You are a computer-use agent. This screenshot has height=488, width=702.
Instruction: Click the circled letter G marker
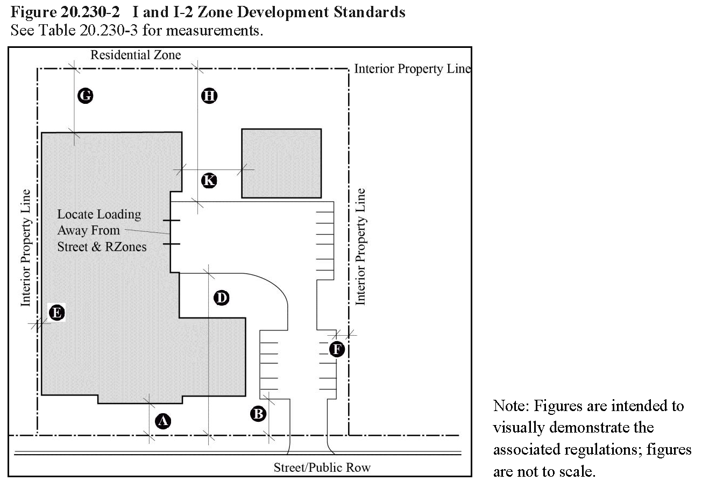[x=85, y=96]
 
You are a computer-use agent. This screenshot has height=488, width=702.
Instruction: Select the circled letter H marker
[x=209, y=96]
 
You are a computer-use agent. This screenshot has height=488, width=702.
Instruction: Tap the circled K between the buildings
[x=209, y=181]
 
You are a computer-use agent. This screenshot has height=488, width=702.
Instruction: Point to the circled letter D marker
[x=221, y=298]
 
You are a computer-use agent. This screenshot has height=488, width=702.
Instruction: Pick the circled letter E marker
[x=56, y=313]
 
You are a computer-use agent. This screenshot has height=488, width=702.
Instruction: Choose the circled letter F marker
[x=337, y=349]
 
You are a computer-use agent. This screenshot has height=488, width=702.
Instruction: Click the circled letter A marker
[x=163, y=421]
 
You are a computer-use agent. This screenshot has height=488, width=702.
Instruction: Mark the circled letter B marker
[x=258, y=414]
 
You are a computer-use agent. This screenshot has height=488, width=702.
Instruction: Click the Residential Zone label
[x=136, y=55]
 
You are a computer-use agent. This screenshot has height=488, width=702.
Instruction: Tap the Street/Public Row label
[x=322, y=468]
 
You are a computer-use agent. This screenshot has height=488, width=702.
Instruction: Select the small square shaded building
[x=281, y=163]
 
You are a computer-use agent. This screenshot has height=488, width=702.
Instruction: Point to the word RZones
[x=126, y=247]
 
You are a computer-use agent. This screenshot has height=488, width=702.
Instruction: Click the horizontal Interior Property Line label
[x=413, y=69]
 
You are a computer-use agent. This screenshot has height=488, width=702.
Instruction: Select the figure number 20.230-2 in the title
[x=90, y=12]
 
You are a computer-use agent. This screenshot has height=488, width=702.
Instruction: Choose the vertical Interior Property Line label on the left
[x=26, y=247]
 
